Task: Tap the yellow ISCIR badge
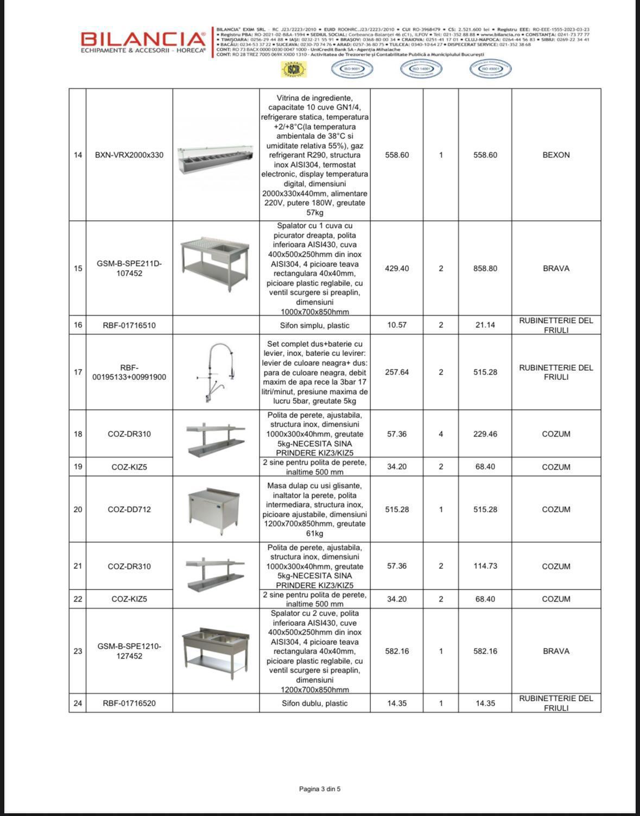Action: coord(294,69)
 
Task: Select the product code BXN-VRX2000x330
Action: coord(129,155)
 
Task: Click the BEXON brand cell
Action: coord(556,155)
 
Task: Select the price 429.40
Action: coord(397,268)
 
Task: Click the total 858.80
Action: coord(485,268)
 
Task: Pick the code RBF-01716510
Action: coord(129,325)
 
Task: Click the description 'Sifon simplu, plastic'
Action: coord(315,325)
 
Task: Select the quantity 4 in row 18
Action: coord(441,434)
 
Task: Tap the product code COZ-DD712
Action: coord(129,509)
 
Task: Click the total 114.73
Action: coord(485,566)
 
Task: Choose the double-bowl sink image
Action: coord(215,649)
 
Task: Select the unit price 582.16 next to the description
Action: coord(397,651)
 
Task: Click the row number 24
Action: coord(78,703)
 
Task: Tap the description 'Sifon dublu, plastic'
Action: coord(315,703)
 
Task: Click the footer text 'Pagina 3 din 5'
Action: coord(320,789)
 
